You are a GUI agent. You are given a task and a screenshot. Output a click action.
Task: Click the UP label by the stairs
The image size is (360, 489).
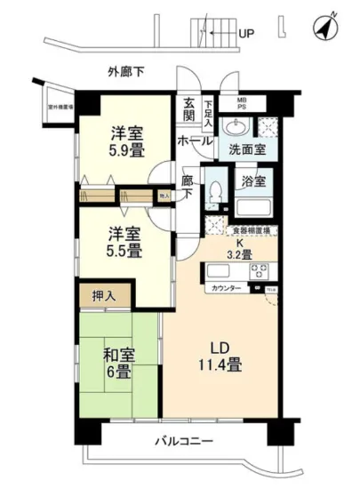(246, 35)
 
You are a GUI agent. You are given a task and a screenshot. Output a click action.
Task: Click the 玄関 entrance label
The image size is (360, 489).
(189, 110)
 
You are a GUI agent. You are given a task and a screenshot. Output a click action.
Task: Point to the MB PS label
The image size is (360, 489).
(241, 104)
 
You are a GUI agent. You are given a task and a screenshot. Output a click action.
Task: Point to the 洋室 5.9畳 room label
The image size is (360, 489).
(128, 141)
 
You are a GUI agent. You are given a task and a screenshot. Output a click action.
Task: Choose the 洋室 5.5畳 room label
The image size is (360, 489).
(124, 242)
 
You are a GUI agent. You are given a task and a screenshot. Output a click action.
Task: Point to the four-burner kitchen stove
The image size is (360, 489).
(260, 269)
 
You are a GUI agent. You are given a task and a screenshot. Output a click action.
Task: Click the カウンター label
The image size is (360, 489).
(226, 289)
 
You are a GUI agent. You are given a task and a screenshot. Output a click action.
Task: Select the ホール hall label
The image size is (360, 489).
(195, 140)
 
